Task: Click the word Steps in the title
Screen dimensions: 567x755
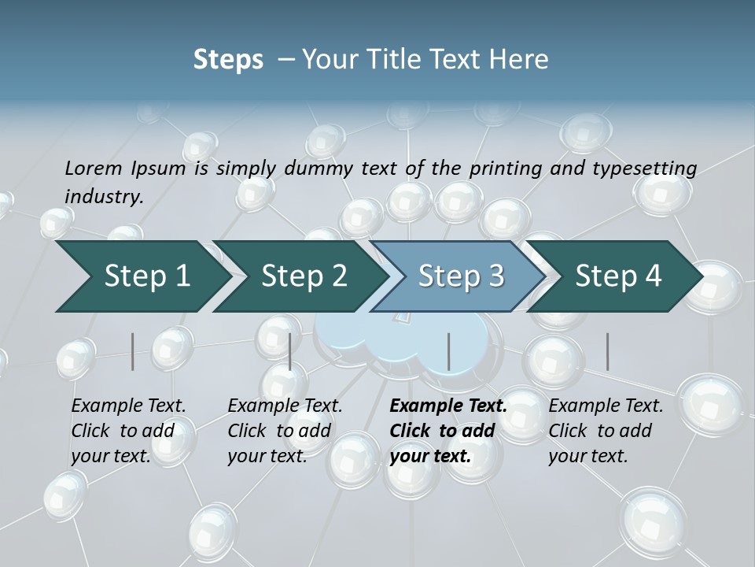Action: coord(228,60)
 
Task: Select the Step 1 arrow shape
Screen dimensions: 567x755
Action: coord(142,276)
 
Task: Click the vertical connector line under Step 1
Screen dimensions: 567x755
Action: coord(133,351)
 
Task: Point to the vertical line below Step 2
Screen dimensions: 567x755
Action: coord(290,351)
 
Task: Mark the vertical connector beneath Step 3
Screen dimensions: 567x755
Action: coord(449,351)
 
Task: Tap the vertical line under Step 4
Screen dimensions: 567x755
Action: coord(608,351)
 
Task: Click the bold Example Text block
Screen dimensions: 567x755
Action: coord(444,431)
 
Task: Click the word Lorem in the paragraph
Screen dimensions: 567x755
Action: coord(94,168)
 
